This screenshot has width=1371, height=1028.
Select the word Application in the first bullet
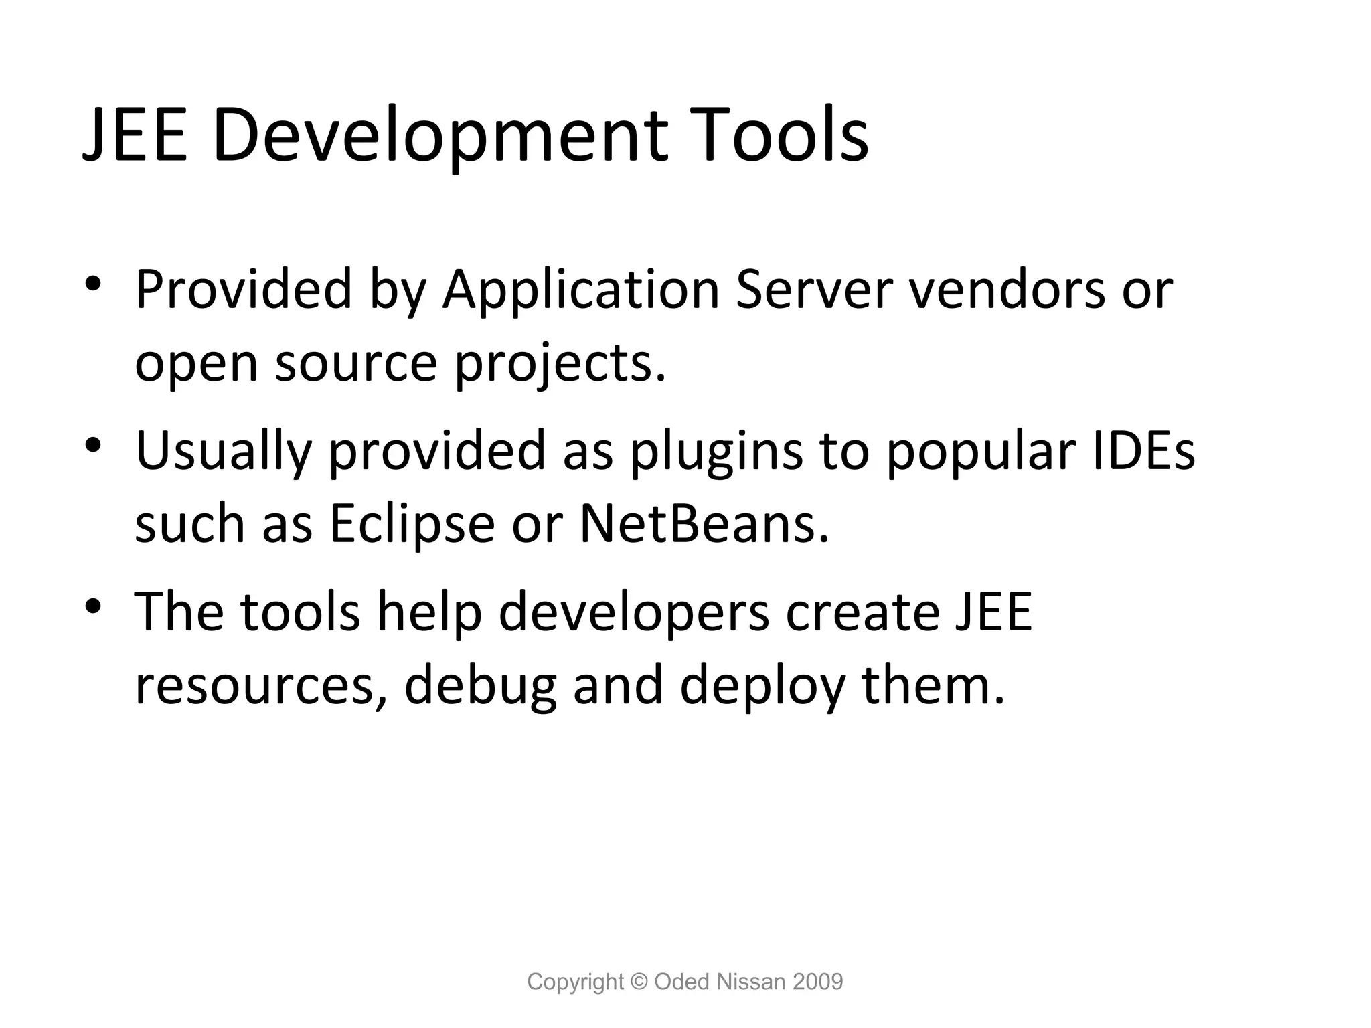point(580,290)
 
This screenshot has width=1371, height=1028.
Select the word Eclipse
point(412,524)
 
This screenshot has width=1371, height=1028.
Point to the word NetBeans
point(704,524)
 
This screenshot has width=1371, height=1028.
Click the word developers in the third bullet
point(634,612)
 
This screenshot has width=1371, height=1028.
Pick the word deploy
point(762,686)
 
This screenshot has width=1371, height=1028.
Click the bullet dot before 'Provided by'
point(93,284)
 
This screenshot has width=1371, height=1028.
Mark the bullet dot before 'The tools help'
point(93,606)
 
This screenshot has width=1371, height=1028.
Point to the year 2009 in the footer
point(817,982)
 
